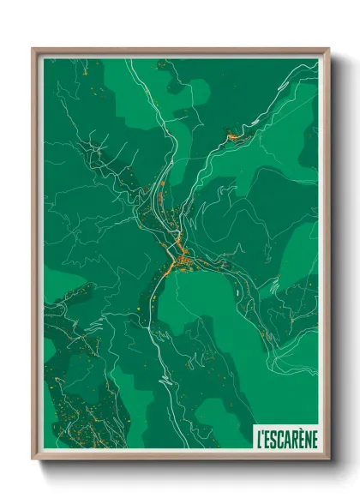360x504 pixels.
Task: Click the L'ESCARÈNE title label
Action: pos(286,437)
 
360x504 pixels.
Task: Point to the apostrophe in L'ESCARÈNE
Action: pos(264,433)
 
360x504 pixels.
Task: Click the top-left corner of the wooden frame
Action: pos(33,49)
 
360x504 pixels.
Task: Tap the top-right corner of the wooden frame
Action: pos(328,49)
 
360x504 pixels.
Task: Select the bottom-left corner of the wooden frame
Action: pos(33,458)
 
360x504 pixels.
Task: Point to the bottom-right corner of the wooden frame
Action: pos(328,458)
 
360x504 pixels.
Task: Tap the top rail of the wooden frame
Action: pos(180,51)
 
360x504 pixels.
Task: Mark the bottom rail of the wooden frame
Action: pos(180,456)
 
